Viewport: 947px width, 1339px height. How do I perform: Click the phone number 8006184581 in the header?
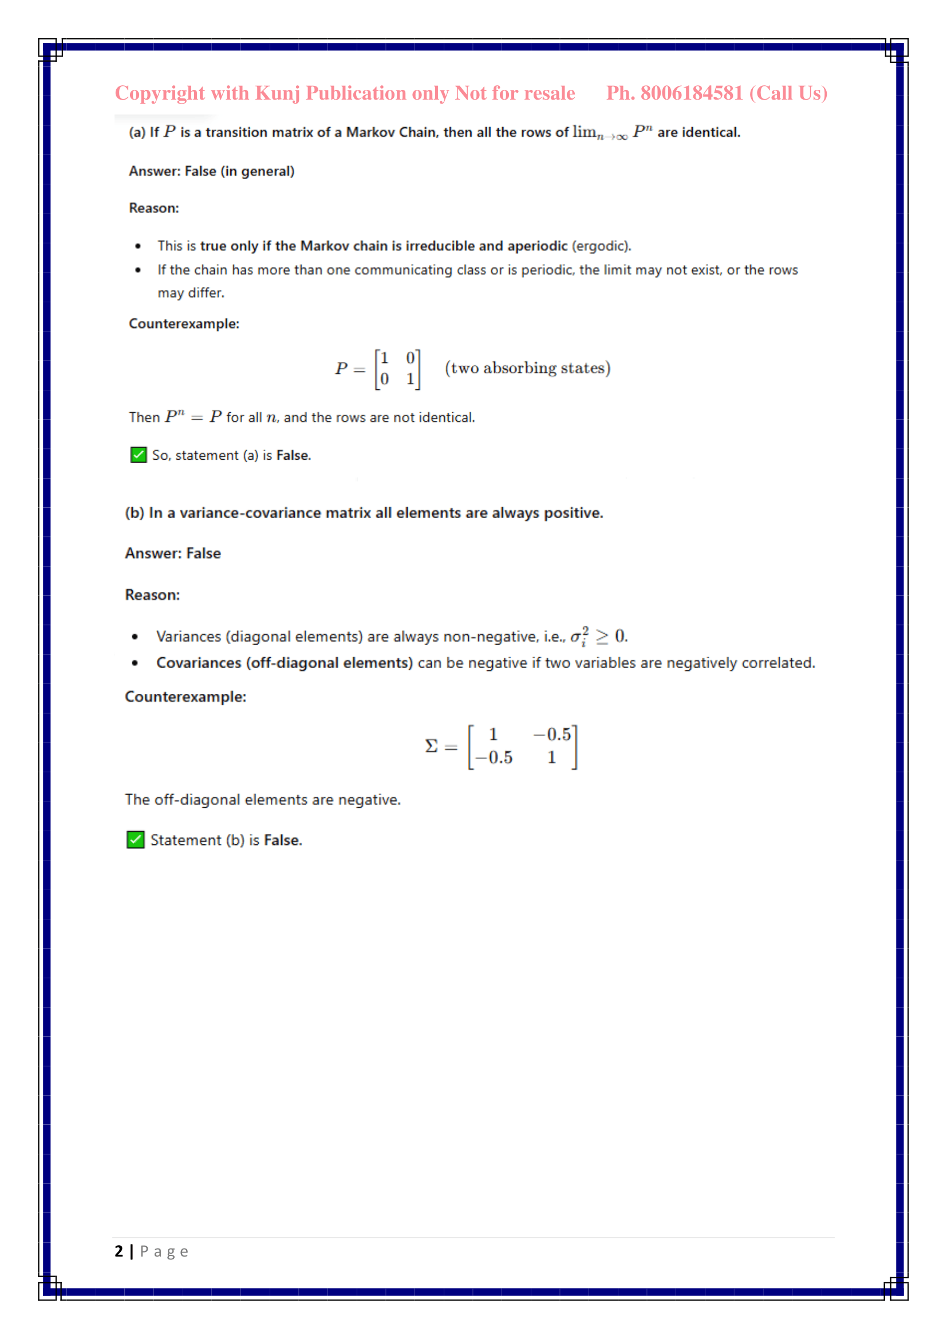(x=692, y=93)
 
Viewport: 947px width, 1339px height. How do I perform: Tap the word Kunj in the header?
(x=278, y=93)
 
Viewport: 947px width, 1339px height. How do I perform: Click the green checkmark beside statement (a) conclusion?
(x=138, y=455)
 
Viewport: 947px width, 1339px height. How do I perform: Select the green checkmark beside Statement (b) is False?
(x=135, y=840)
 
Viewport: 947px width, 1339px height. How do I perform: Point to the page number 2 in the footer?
(x=119, y=1251)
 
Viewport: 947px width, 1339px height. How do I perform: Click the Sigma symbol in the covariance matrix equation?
(x=432, y=746)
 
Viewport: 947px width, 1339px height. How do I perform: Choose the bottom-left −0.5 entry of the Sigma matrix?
(x=494, y=757)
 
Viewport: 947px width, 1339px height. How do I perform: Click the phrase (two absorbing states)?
(x=528, y=368)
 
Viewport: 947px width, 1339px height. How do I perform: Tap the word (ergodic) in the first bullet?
(x=601, y=246)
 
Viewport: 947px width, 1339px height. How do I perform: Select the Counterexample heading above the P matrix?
(x=184, y=323)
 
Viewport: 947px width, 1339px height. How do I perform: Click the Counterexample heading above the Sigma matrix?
(x=186, y=697)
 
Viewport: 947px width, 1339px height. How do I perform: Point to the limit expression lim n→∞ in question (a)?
(x=599, y=133)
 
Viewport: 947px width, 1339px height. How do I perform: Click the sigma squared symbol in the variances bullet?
(x=579, y=636)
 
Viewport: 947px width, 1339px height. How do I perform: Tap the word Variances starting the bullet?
(x=189, y=636)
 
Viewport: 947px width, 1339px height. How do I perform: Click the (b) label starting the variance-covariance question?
(x=135, y=513)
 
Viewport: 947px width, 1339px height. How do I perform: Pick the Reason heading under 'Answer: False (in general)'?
(x=154, y=208)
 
